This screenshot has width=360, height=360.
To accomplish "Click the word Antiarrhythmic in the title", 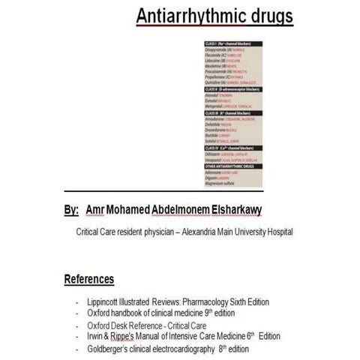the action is (x=184, y=16).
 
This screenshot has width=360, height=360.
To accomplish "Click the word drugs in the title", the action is (x=267, y=16).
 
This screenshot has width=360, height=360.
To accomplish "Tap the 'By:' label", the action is (x=71, y=211).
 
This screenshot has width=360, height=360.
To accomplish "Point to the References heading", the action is (x=89, y=280).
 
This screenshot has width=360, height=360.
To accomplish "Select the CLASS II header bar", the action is (x=229, y=88).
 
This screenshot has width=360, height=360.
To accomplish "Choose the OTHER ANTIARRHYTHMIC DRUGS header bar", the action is (x=229, y=166).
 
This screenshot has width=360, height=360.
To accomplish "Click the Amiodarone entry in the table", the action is (x=217, y=119).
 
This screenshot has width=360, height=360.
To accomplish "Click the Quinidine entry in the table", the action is (x=217, y=82).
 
